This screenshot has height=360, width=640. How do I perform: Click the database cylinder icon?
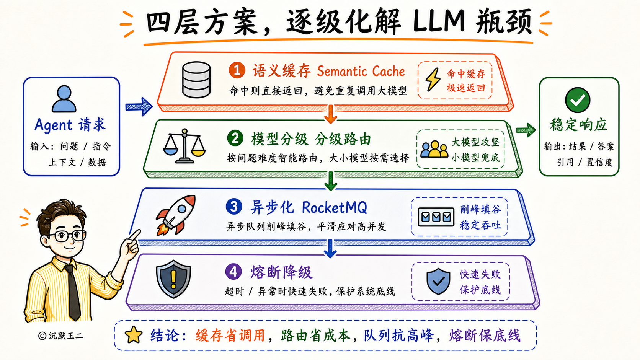tap(197, 80)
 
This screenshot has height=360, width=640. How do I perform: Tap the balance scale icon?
tap(184, 146)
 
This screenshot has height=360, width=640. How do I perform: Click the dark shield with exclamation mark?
tap(173, 279)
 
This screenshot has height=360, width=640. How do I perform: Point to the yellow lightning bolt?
tap(433, 80)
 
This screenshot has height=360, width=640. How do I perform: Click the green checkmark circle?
tap(578, 100)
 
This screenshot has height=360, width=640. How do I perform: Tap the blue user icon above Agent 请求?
tap(64, 99)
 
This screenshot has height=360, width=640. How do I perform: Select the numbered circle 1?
tap(237, 70)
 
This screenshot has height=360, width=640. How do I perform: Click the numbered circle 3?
tap(234, 207)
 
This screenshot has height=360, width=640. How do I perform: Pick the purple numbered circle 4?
tap(233, 271)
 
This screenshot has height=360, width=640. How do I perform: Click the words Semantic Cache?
tap(361, 71)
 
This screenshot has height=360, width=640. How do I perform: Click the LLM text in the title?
tap(439, 21)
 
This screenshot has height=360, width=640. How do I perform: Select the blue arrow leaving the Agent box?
tap(139, 107)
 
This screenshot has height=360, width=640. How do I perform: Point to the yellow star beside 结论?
tap(134, 335)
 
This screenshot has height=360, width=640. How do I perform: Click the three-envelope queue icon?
tap(436, 217)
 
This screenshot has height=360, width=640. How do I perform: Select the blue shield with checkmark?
tap(438, 281)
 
